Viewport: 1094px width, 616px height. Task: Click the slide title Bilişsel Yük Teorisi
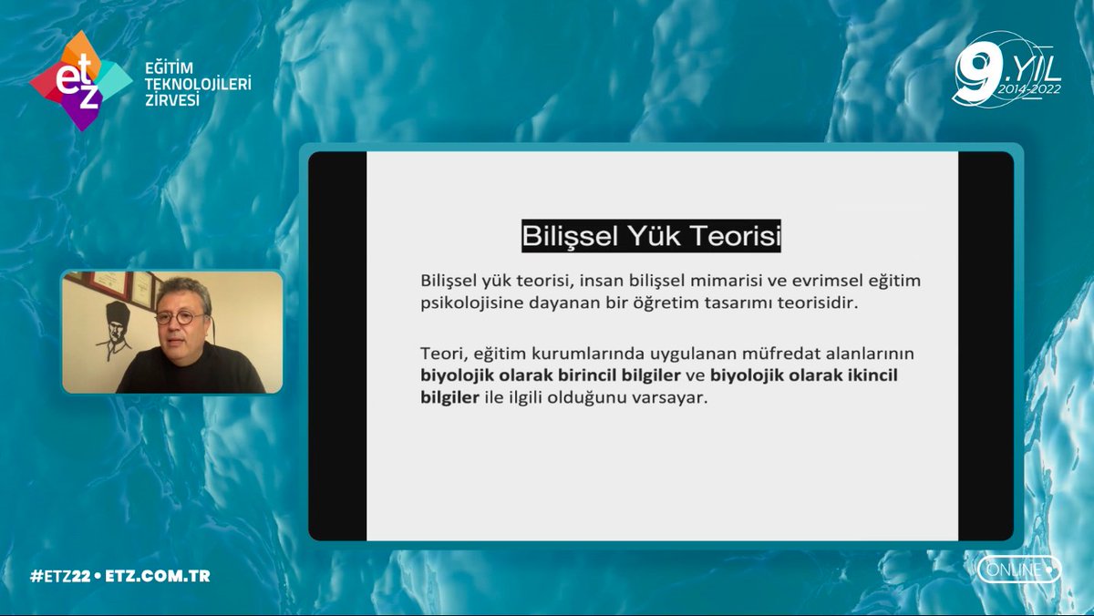click(652, 236)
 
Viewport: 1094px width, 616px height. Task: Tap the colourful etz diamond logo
click(79, 80)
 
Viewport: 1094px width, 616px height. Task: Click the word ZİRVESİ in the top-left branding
click(172, 100)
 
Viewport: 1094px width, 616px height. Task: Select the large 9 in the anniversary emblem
click(975, 69)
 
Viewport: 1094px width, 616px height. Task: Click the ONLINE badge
click(1018, 570)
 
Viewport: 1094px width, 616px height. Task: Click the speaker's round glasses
click(179, 318)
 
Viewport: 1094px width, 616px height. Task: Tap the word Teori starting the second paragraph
click(442, 353)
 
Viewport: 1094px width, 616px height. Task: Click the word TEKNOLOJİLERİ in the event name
click(198, 85)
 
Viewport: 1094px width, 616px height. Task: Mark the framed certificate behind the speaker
click(144, 290)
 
